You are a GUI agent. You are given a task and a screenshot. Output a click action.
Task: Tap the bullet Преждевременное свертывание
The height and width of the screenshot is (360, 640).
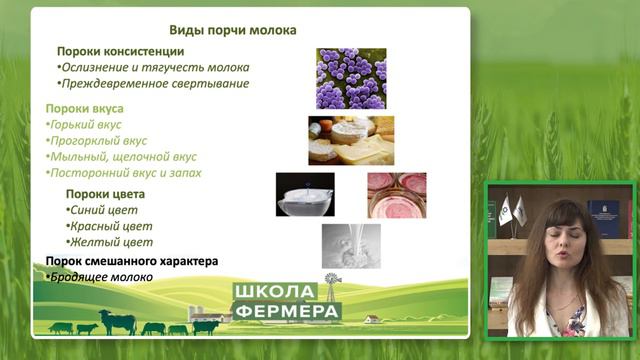(x=153, y=84)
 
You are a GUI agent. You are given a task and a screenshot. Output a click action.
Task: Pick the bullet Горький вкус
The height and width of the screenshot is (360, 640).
(x=86, y=125)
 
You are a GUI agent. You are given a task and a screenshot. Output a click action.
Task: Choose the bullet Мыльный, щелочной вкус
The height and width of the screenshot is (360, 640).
(x=122, y=157)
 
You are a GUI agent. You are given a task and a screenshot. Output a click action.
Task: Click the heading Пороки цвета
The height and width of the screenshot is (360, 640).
(x=105, y=193)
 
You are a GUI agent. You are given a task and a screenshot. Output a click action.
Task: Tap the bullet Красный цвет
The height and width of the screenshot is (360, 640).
(x=109, y=226)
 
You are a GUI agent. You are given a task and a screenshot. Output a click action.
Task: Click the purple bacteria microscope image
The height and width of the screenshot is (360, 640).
(x=351, y=78)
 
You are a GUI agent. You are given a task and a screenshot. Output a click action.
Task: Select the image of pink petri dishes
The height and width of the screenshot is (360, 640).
(x=396, y=194)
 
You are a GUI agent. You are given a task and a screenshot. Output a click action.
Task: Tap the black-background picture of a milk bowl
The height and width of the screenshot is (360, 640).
(x=305, y=195)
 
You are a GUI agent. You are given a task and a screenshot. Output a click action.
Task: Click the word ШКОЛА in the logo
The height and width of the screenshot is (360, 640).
(x=273, y=292)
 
